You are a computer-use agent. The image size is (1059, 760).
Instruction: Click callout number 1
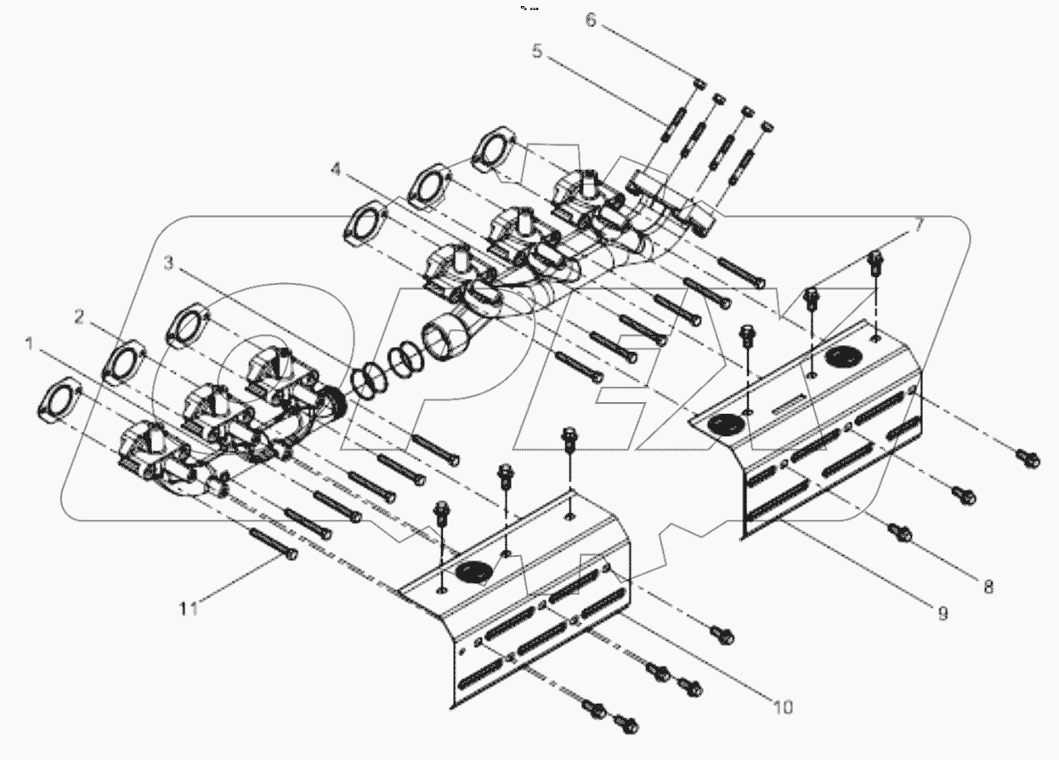[x=30, y=344]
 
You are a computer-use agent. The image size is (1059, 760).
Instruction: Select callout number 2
[x=78, y=316]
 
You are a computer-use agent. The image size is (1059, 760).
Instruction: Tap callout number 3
[x=168, y=264]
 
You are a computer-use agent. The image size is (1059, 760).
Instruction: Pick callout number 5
[x=536, y=50]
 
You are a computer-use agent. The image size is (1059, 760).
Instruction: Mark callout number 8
[x=987, y=586]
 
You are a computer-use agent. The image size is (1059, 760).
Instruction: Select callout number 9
[x=943, y=613]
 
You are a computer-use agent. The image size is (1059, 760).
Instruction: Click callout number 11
[x=189, y=608]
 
